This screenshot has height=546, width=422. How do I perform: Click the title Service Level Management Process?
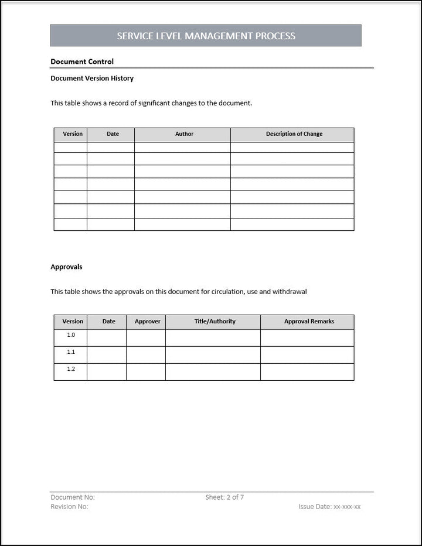point(206,36)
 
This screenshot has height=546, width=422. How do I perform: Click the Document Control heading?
point(82,62)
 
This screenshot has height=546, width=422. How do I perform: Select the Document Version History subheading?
point(92,79)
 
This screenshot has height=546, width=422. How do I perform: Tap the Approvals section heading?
point(66,267)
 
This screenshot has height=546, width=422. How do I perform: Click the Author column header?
point(184,134)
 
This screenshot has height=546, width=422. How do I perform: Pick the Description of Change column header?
point(294,134)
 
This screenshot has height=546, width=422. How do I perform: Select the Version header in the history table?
point(73,134)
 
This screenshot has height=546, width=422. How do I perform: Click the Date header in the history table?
point(113,134)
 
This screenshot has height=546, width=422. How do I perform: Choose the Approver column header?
point(147,322)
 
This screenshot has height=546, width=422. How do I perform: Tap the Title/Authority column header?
point(215,322)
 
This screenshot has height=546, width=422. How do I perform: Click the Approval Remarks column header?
point(309,322)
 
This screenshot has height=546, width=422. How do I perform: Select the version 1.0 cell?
point(71,335)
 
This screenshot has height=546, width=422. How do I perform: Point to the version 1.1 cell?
point(71,352)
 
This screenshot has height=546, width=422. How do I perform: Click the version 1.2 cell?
point(71,369)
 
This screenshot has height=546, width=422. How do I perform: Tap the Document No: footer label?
point(73,497)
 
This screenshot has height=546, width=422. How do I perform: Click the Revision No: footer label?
point(70,507)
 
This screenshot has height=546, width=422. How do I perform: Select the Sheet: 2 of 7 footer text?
point(224,497)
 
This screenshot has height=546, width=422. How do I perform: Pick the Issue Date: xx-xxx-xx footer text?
point(329,507)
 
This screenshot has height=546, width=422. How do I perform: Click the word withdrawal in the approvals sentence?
point(291,292)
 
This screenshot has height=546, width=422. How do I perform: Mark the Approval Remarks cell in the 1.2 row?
point(307,372)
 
